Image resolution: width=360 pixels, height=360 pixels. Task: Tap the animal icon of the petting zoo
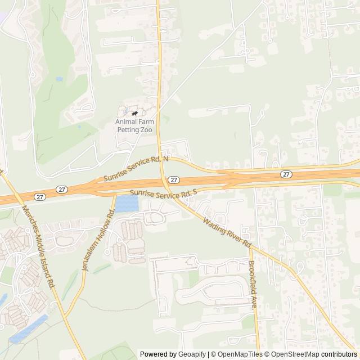click(134, 114)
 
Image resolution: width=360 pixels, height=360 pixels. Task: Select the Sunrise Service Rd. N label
click(137, 169)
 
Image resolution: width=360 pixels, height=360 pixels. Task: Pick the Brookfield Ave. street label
click(253, 285)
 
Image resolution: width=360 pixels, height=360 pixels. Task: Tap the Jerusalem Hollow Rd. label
click(98, 240)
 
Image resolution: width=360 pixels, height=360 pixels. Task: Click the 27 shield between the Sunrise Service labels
click(174, 180)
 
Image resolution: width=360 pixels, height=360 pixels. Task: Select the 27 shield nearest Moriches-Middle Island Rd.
click(39, 196)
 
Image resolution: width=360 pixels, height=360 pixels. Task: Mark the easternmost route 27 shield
click(286, 174)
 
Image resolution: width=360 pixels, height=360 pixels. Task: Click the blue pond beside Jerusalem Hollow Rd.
click(126, 204)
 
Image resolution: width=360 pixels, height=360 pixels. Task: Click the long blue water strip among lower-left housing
click(28, 330)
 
